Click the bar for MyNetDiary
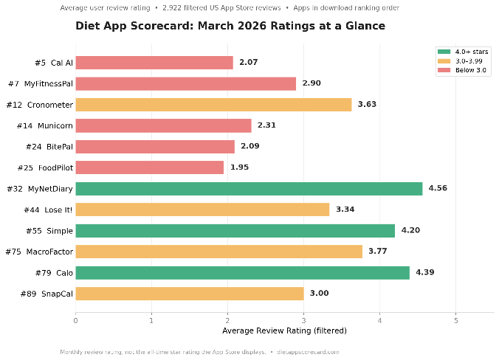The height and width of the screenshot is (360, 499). coord(249,188)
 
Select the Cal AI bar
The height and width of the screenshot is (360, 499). coord(154,63)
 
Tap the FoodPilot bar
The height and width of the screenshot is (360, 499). coord(149,167)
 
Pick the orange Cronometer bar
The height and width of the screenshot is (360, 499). coord(213,105)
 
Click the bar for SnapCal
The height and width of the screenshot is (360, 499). coord(189,294)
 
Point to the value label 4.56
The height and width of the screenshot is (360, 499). coord(438,188)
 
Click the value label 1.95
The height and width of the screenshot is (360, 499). coord(240,167)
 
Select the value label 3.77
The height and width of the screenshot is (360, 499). coord(378,252)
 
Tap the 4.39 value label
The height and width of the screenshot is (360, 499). coord(425,273)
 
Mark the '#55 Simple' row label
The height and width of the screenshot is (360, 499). coord(49,231)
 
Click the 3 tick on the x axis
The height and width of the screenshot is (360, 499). coord(303,320)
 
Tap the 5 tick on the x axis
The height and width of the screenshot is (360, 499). coord(455,320)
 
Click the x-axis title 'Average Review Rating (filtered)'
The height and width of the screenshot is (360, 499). coord(284,330)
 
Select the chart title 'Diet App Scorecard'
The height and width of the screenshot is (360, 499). coord(230,27)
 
